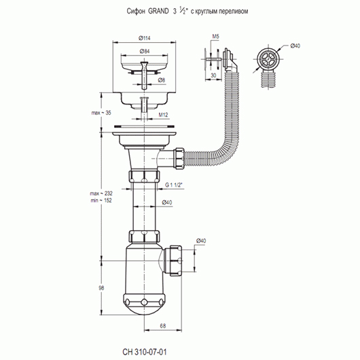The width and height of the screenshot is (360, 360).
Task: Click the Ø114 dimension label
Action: tap(145, 38)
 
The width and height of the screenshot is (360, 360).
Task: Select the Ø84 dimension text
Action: tap(145, 52)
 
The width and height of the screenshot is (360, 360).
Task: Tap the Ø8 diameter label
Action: tap(162, 80)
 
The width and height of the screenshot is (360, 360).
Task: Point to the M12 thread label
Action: tap(163, 115)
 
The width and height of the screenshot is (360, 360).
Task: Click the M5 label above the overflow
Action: tap(215, 36)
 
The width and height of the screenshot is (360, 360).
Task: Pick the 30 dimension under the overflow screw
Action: tap(213, 75)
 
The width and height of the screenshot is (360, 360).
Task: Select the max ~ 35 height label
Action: tap(101, 113)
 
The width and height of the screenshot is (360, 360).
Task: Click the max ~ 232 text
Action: tap(101, 194)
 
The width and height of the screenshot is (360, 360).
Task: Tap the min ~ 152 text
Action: tap(101, 200)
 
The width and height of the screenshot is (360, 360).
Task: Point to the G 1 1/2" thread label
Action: tap(175, 185)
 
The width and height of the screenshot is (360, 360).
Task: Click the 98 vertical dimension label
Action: tap(101, 288)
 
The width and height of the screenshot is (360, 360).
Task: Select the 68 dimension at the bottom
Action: tap(163, 326)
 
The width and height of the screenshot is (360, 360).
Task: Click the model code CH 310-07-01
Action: tap(145, 352)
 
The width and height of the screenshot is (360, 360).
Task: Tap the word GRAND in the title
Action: tap(158, 12)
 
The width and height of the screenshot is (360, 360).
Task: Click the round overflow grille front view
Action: tap(268, 58)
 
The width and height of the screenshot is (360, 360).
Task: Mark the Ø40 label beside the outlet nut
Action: tap(201, 241)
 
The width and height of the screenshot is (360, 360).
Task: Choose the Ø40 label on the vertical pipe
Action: tap(167, 202)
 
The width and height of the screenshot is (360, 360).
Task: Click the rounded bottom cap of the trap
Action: tap(144, 304)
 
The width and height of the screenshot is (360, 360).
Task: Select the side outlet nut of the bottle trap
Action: tap(176, 260)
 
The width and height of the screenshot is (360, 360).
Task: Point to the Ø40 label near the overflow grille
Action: tap(295, 46)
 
